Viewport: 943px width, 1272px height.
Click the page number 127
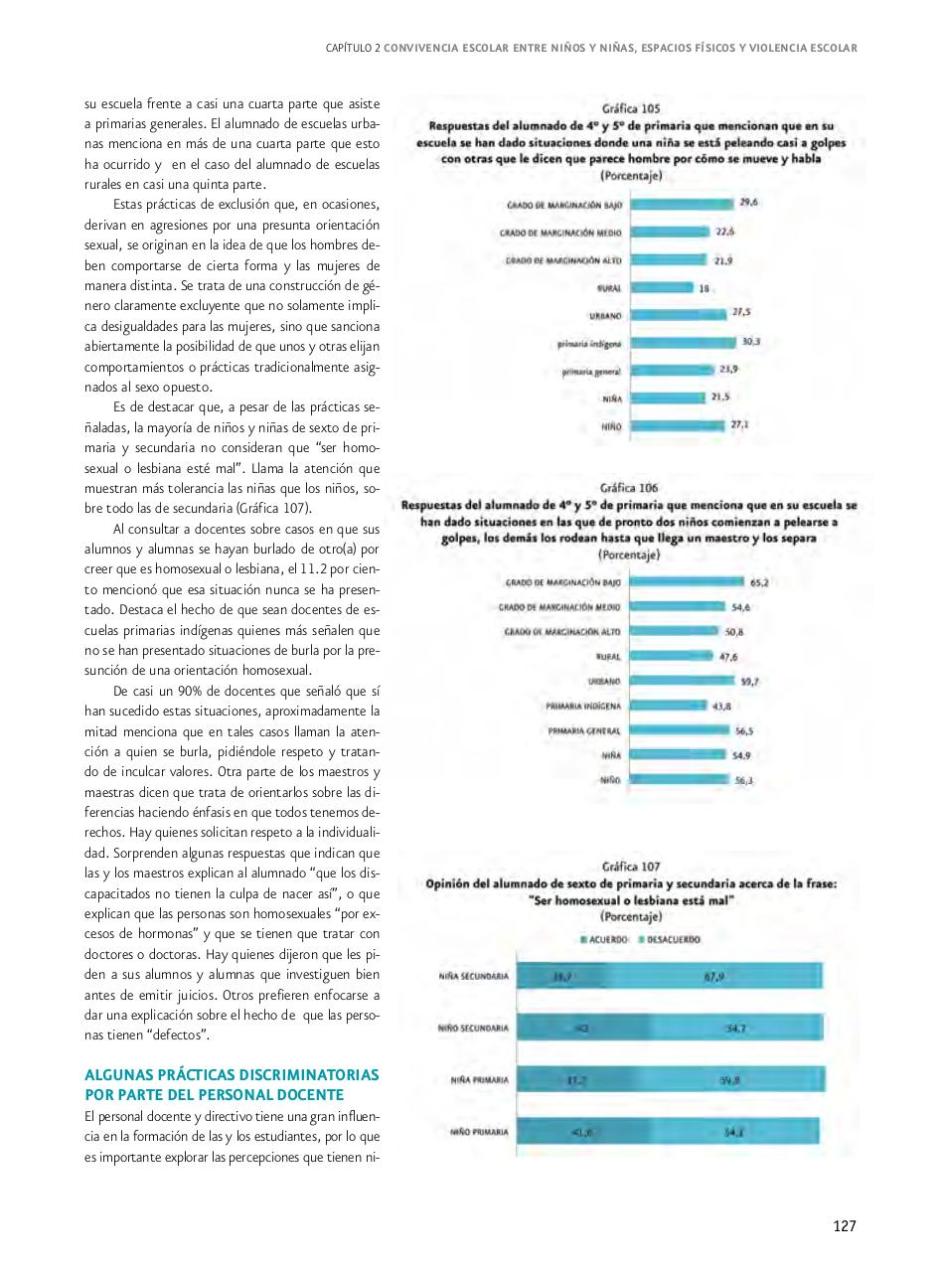click(x=844, y=1225)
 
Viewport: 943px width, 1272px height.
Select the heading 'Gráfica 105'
click(x=631, y=108)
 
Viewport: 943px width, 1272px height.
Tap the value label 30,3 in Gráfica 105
click(x=751, y=342)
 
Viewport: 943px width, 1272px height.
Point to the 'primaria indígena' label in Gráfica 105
click(x=590, y=343)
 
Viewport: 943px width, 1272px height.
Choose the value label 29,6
click(x=749, y=203)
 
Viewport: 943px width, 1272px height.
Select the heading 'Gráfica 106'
click(x=629, y=488)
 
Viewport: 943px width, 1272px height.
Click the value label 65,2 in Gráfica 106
click(x=760, y=582)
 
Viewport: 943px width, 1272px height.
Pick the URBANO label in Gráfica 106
click(x=604, y=682)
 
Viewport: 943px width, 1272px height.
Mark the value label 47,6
click(x=729, y=657)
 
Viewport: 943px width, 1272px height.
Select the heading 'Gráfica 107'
click(x=630, y=867)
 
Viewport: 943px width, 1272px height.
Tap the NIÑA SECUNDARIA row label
click(x=473, y=977)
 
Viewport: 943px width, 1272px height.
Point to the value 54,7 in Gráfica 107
click(x=736, y=1029)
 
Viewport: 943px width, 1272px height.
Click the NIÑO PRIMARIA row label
click(x=479, y=1132)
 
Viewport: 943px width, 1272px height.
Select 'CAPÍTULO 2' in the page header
click(x=353, y=48)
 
